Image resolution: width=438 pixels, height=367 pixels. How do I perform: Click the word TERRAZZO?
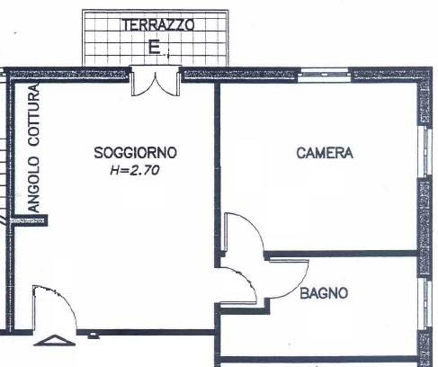pos(156,25)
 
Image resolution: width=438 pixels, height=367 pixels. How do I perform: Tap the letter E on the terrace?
pos(154,49)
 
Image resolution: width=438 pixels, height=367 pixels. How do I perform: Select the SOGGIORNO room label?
pos(136,153)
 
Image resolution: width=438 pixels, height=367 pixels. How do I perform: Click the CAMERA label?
pos(325,153)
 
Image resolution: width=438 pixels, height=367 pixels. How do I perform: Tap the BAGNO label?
pos(324,292)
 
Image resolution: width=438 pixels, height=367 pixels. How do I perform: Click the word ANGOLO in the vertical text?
pos(34,183)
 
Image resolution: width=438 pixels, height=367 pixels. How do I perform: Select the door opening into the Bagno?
pos(243,286)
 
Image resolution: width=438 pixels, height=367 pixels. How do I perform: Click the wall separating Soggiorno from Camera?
pos(217,162)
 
